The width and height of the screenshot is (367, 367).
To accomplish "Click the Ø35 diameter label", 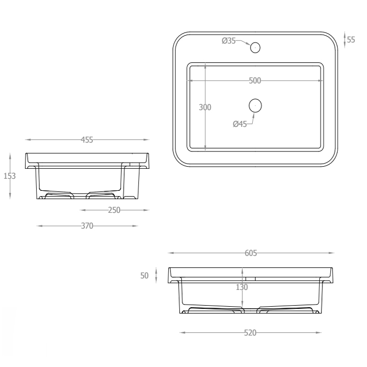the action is (x=229, y=41).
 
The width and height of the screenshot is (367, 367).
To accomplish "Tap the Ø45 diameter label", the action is (x=240, y=124).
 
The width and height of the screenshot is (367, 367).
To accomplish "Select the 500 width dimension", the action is (x=255, y=81).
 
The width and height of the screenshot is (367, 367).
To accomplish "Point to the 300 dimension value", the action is (x=205, y=107).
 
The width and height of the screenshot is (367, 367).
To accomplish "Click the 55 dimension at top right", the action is (x=351, y=40).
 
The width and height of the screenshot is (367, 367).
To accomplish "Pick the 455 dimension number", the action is (x=87, y=140).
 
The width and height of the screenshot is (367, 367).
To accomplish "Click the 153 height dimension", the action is (x=9, y=176).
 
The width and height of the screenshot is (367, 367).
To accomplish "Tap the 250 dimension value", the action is (x=114, y=210).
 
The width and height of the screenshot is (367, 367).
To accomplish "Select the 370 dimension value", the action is (x=87, y=226).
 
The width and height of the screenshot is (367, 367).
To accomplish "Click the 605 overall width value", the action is (x=251, y=253).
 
